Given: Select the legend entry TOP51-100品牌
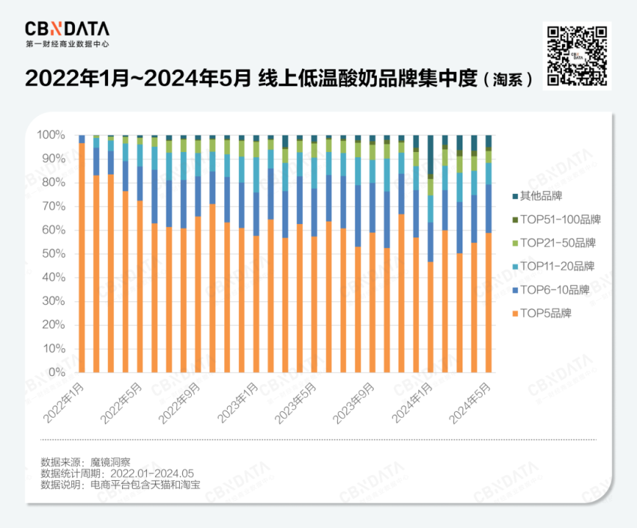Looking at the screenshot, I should point(555,219).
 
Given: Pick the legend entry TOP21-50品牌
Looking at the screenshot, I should point(552,243).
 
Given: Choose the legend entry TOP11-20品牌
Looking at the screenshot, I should point(552,266).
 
